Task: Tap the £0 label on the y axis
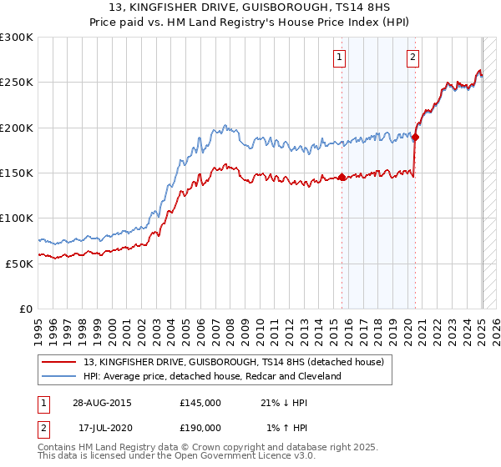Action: click(26, 309)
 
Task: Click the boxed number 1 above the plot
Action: click(341, 58)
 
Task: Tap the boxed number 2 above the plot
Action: click(413, 58)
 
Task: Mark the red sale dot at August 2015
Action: click(342, 177)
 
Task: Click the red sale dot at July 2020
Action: click(415, 137)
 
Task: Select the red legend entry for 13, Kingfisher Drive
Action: click(233, 362)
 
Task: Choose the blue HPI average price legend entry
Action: click(212, 376)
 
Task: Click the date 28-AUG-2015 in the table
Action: click(102, 403)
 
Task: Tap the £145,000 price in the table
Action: click(200, 403)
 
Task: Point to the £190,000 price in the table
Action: click(200, 427)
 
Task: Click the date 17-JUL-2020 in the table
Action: click(102, 427)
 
